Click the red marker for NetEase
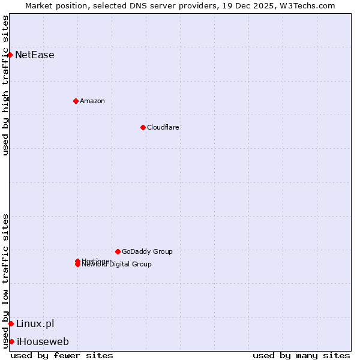click(x=10, y=55)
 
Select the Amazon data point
click(x=76, y=101)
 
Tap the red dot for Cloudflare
click(x=143, y=127)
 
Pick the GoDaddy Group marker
click(x=118, y=251)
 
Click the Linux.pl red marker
click(x=11, y=323)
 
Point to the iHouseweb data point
click(x=11, y=341)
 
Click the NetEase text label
click(x=35, y=55)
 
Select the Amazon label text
click(x=92, y=101)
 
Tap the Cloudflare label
click(x=163, y=127)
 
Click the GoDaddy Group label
click(x=147, y=251)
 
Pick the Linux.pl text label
click(x=35, y=323)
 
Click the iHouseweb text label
click(x=43, y=341)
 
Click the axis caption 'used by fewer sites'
click(x=62, y=355)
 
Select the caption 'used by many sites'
click(x=301, y=355)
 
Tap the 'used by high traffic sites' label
click(x=5, y=85)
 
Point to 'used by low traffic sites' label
click(x=5, y=281)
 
